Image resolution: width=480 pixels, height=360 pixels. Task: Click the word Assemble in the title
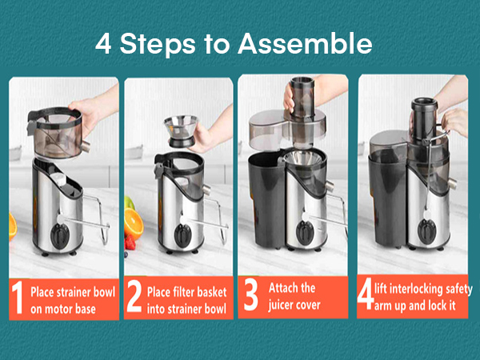[305, 43]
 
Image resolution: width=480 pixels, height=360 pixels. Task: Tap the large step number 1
[18, 298]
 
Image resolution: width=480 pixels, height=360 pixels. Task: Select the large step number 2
[134, 297]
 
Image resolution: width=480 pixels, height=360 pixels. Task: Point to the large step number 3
[250, 295]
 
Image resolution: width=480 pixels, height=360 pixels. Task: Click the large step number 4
[366, 294]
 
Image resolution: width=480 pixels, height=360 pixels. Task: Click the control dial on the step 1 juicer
[60, 236]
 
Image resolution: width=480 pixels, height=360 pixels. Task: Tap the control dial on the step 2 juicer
[182, 236]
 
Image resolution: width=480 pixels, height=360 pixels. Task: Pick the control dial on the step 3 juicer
[305, 232]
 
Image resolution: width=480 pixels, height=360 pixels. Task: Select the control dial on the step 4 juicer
[426, 231]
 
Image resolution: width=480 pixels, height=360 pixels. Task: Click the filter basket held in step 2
[181, 131]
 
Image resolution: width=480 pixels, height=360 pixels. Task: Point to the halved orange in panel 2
[134, 223]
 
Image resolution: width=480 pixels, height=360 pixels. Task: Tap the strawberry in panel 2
[130, 242]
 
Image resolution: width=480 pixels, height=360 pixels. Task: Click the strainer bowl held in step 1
[57, 133]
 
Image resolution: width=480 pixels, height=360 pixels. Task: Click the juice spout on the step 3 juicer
[330, 186]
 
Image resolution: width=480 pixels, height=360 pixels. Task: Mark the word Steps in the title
[158, 44]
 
